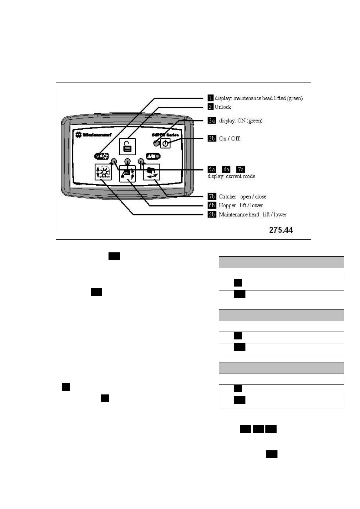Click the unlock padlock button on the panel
[x=127, y=147]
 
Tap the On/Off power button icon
[x=165, y=144]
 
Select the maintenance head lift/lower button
[x=103, y=172]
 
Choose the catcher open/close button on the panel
[x=151, y=172]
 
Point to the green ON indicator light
[x=156, y=143]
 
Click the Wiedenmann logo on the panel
[x=93, y=135]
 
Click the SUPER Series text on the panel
[x=165, y=135]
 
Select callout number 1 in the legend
[x=210, y=98]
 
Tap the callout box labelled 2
[x=210, y=107]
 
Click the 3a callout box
[x=212, y=121]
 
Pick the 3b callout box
[x=212, y=138]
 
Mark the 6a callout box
[x=226, y=170]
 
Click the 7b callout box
[x=212, y=196]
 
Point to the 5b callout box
[x=212, y=215]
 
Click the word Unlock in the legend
[x=223, y=107]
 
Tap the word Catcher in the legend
[x=228, y=197]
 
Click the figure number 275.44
[x=281, y=230]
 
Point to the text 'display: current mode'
[x=231, y=176]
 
